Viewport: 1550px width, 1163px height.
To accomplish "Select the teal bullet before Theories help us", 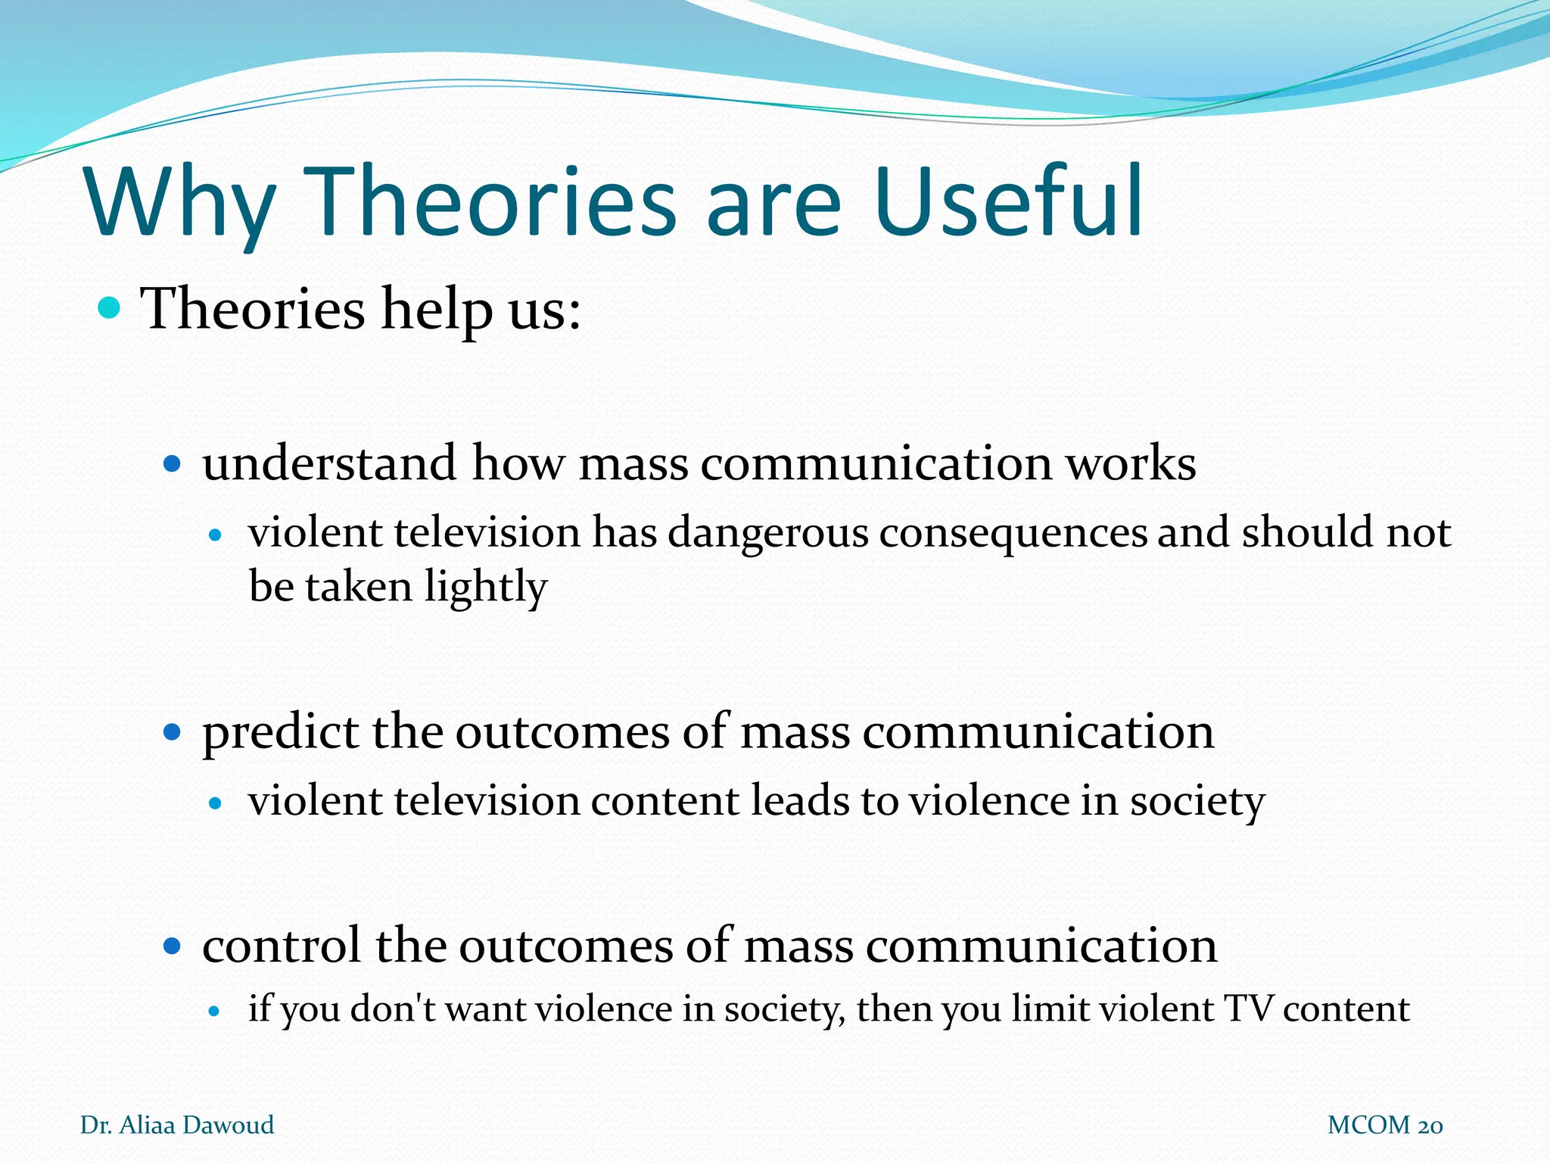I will point(110,308).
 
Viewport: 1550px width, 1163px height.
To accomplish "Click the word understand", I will point(329,463).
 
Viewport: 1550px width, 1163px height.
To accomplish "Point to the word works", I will point(1131,463).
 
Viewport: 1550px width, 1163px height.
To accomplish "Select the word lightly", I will point(485,587).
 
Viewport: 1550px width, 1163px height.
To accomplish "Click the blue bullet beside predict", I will point(173,731).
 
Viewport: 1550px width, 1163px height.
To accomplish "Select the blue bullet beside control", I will point(173,946).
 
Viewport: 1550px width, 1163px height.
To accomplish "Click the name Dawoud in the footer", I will point(228,1125).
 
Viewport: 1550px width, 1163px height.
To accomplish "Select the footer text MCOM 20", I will point(1384,1125).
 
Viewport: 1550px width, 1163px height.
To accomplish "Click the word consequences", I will point(1013,532).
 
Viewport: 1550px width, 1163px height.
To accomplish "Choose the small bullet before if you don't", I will point(215,1010).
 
